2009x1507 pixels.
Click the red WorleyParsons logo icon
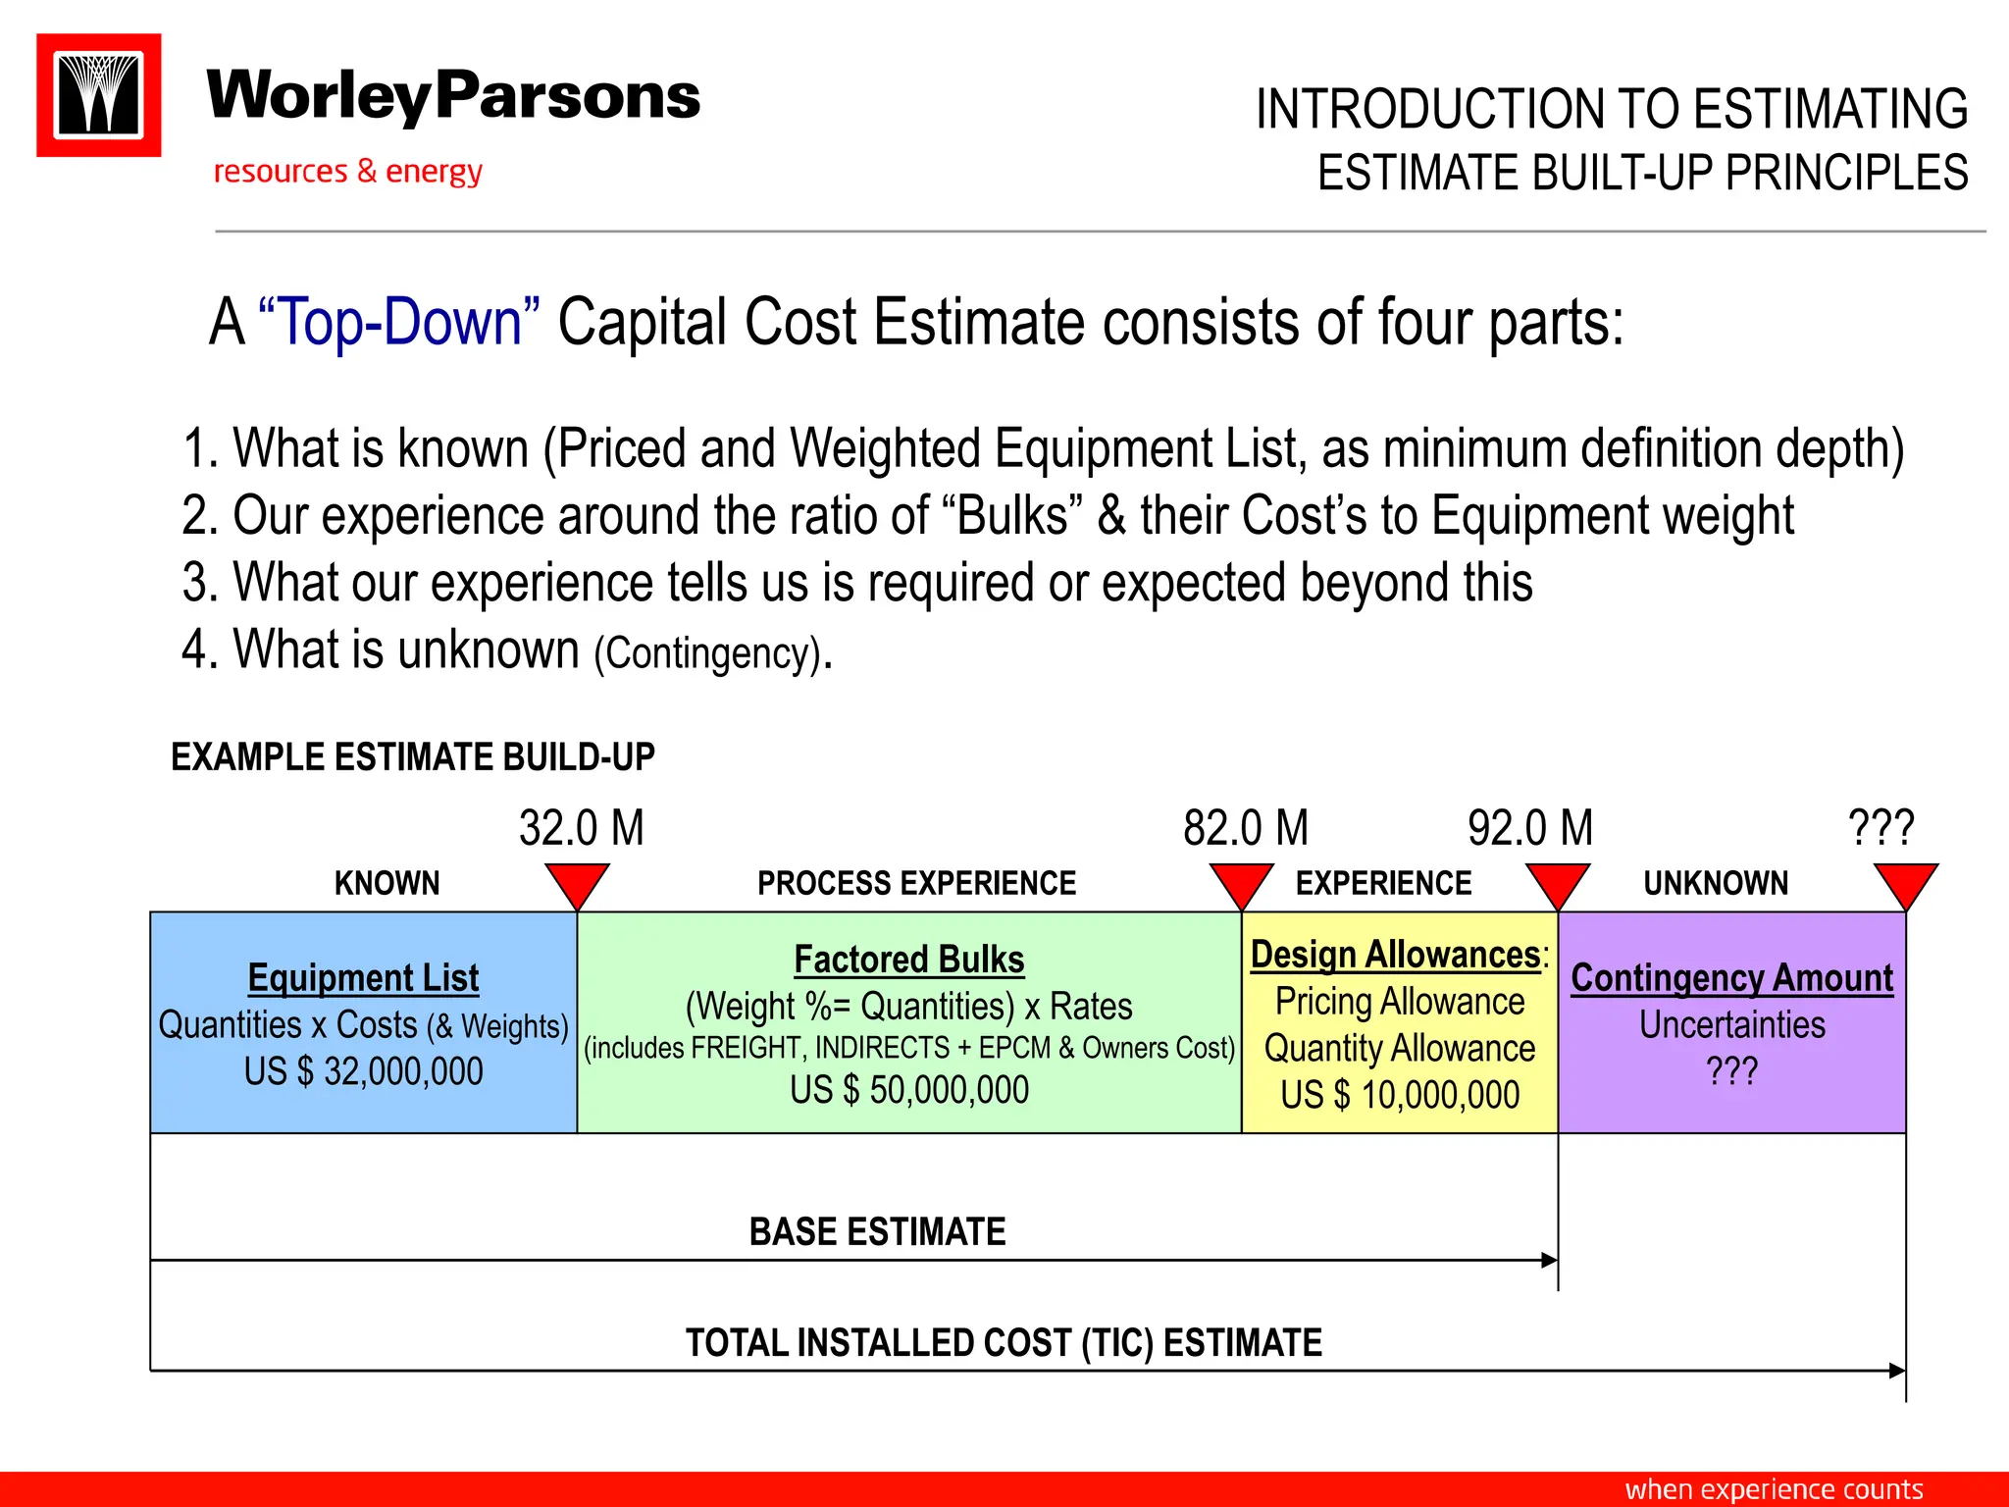(99, 95)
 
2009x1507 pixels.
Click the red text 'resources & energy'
(347, 172)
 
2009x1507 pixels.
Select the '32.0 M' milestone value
(581, 828)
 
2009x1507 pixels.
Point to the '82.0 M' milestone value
(1245, 828)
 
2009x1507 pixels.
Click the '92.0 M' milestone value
(1529, 828)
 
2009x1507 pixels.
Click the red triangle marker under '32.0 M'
(578, 883)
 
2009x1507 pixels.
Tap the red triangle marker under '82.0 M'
(1241, 883)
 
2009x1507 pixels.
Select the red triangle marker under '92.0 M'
(1558, 883)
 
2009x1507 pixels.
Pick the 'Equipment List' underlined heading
(363, 978)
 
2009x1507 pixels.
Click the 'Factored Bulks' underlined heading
(909, 960)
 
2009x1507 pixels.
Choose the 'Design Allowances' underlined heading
(1395, 955)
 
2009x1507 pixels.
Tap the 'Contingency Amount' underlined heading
(1732, 978)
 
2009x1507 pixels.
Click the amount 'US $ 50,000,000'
(909, 1090)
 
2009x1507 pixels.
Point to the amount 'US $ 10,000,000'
(1400, 1095)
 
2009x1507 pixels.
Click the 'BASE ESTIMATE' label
(877, 1232)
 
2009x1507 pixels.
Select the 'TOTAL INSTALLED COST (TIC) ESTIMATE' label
(1004, 1343)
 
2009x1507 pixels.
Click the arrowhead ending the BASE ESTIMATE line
(1549, 1260)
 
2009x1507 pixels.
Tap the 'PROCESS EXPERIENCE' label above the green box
(916, 883)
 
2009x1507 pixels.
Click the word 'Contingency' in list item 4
(706, 653)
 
